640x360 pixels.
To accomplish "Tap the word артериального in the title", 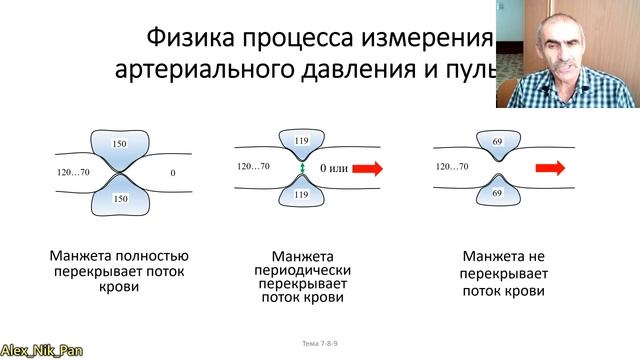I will (x=205, y=72).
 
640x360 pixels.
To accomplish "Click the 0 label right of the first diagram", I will (x=172, y=173).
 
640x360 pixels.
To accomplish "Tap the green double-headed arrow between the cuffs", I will (x=300, y=169).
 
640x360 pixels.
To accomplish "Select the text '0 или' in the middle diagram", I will (x=333, y=169).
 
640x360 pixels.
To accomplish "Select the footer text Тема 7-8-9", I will (x=320, y=344).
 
